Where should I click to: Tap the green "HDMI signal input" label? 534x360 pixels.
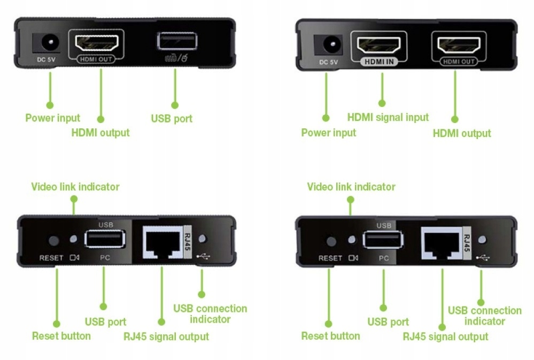click(x=388, y=117)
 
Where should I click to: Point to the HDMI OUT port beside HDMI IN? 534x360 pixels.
click(x=458, y=45)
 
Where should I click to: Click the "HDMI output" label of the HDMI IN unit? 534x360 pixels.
click(x=461, y=133)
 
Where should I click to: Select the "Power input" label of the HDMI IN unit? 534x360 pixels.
click(x=328, y=132)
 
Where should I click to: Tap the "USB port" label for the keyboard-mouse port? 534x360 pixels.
click(x=172, y=118)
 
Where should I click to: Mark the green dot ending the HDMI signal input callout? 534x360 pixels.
click(x=382, y=103)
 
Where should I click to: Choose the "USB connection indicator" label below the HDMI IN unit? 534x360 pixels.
click(x=484, y=316)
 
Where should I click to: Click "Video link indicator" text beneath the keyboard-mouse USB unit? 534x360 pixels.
click(x=75, y=187)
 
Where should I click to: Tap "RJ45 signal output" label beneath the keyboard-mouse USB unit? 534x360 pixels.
click(x=166, y=336)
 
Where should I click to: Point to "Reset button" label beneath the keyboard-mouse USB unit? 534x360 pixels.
click(x=61, y=336)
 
